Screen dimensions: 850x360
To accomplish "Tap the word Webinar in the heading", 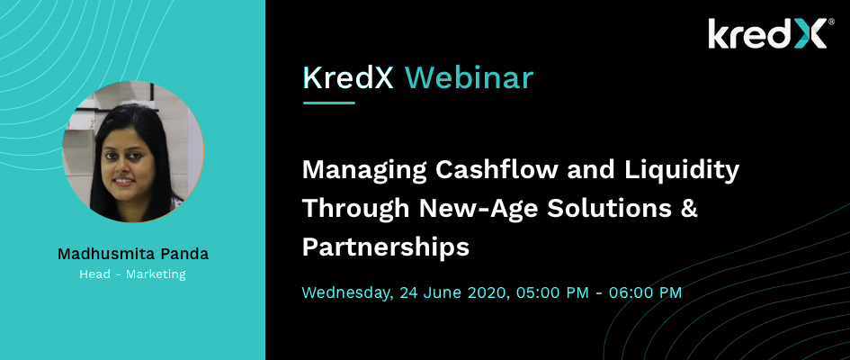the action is coord(469,78).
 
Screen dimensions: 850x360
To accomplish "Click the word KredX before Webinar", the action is coord(347,78).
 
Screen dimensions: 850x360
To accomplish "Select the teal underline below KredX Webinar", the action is coord(329,103).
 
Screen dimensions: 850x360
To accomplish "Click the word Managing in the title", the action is coord(364,171).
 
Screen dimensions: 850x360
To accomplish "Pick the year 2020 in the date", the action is coord(488,292).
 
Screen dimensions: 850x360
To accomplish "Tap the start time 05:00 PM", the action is coord(552,292).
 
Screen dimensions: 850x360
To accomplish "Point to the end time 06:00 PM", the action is coord(645,292).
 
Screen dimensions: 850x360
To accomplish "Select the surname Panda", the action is coord(185,254).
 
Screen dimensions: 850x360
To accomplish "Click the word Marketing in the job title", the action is coord(156,274).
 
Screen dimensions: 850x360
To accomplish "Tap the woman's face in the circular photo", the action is coord(123,160).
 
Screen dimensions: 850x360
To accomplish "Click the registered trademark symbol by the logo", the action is coord(831,22).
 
